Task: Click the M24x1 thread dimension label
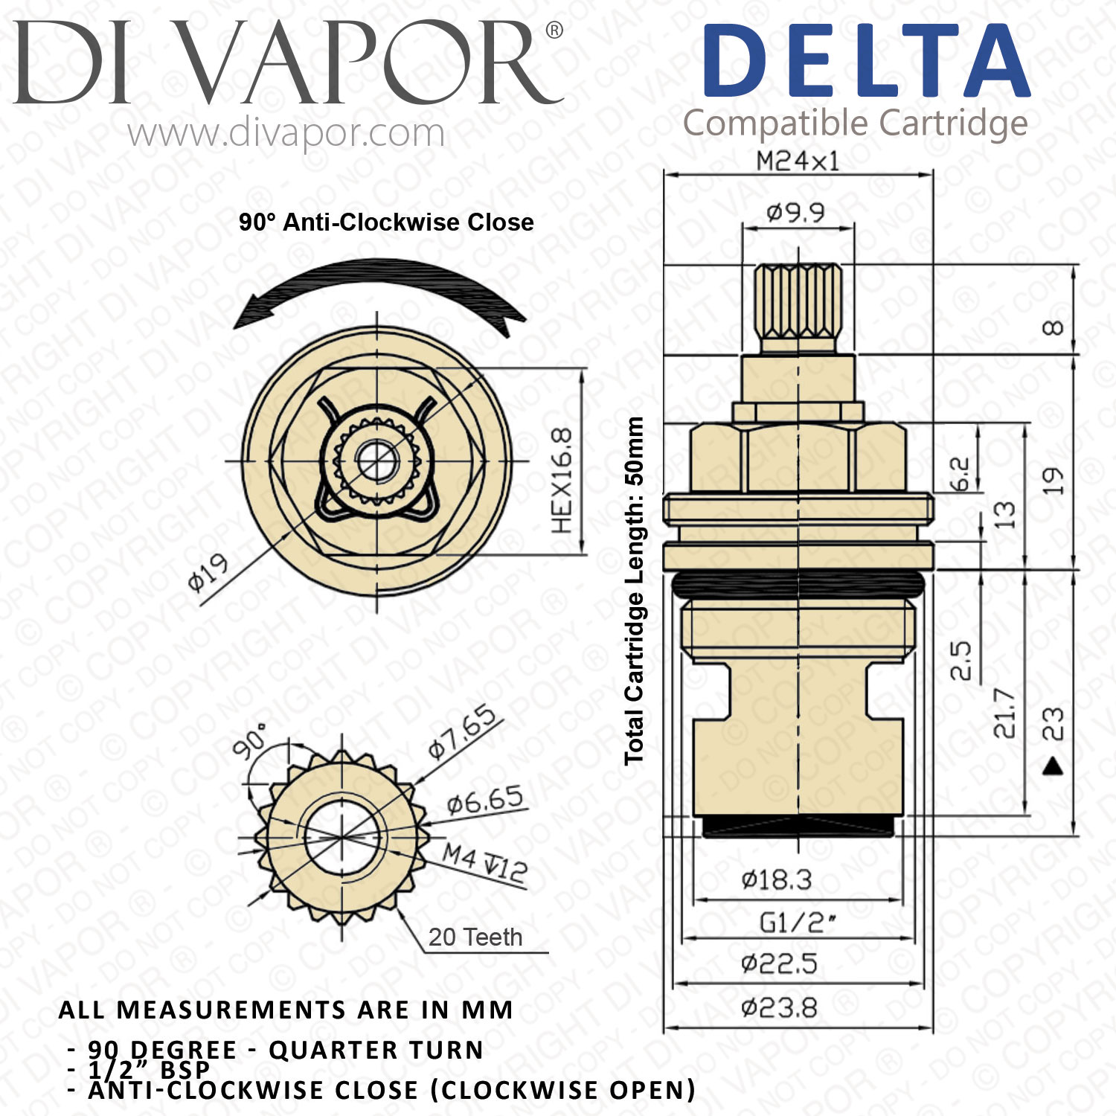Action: point(797,161)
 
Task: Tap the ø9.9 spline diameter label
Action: point(795,214)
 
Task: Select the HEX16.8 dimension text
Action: point(562,481)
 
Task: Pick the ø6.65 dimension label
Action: point(485,801)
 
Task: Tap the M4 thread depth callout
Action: point(485,864)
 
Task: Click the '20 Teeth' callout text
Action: point(475,937)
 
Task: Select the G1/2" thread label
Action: point(797,923)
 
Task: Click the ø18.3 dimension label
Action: point(776,880)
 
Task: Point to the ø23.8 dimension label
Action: point(779,1009)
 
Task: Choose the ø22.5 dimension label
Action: point(779,964)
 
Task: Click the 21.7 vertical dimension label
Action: point(1004,713)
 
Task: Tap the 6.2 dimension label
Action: point(960,474)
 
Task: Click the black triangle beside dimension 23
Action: point(1053,766)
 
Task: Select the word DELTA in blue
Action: point(866,60)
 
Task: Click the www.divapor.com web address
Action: point(286,134)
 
